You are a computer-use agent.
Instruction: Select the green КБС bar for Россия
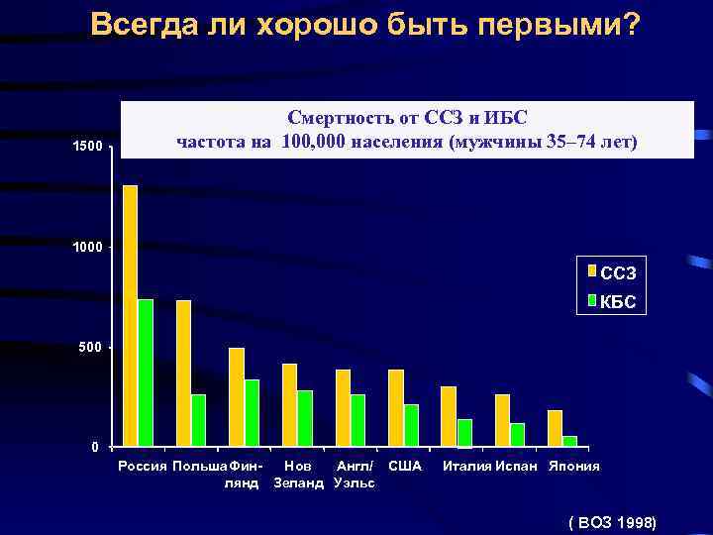click(146, 373)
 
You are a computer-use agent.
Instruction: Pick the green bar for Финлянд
click(252, 412)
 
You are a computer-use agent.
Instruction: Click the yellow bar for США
click(396, 407)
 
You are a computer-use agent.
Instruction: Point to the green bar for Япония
click(569, 441)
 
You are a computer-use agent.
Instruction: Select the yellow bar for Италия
click(449, 416)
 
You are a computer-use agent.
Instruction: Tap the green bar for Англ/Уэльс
click(357, 420)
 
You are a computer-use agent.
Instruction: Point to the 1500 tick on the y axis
click(87, 148)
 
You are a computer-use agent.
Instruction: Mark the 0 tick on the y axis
click(95, 448)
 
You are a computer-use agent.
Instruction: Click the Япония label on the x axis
click(574, 466)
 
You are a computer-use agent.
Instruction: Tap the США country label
click(405, 466)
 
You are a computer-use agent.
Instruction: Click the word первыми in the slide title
click(560, 25)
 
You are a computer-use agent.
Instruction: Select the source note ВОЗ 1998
click(613, 521)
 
